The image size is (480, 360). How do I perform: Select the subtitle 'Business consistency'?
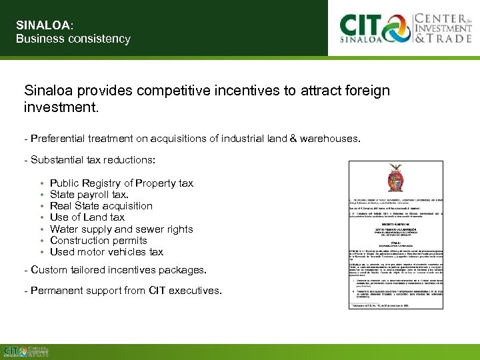click(x=73, y=39)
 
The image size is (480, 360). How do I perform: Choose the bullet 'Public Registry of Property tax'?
click(x=121, y=183)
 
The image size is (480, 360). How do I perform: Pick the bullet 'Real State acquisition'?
click(x=101, y=205)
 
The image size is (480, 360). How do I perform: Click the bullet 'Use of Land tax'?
click(x=87, y=217)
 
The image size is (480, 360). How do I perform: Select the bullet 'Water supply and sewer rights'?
click(x=121, y=229)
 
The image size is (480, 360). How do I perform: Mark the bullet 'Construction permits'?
click(x=99, y=240)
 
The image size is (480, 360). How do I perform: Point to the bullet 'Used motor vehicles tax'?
click(x=107, y=251)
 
